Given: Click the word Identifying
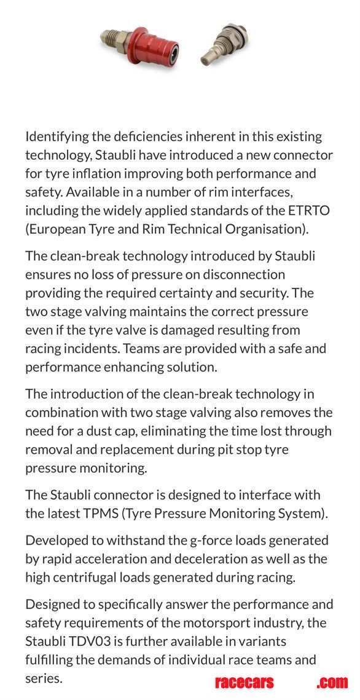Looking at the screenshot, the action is [60, 136].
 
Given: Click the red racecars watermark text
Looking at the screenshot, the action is [245, 682].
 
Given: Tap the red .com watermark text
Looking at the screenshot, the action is [332, 682].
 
